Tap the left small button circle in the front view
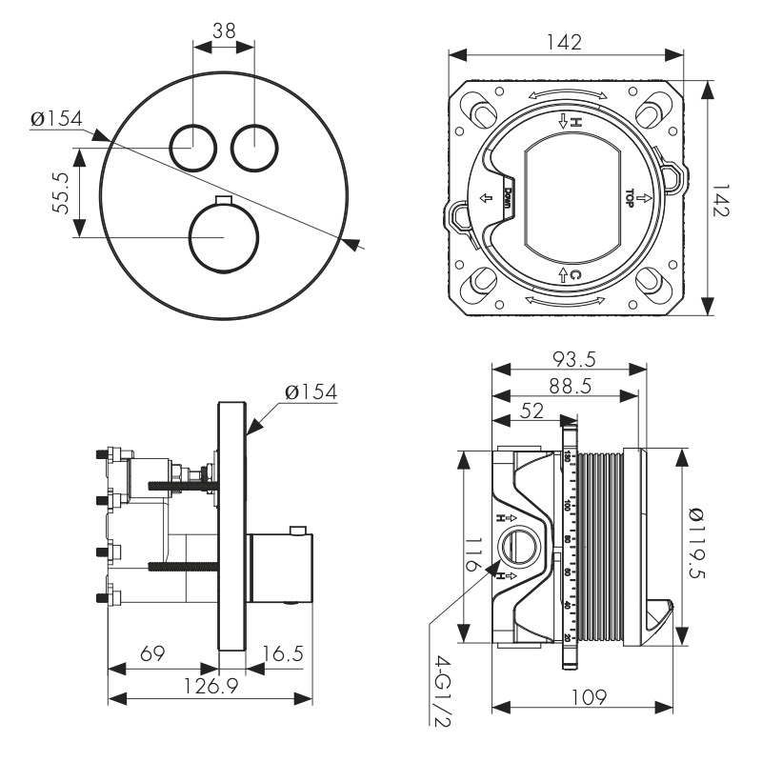point(193,148)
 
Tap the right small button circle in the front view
point(255,148)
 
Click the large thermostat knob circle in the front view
point(224,237)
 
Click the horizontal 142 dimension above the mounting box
point(566,41)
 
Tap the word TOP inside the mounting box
point(630,197)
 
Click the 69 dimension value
point(152,654)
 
